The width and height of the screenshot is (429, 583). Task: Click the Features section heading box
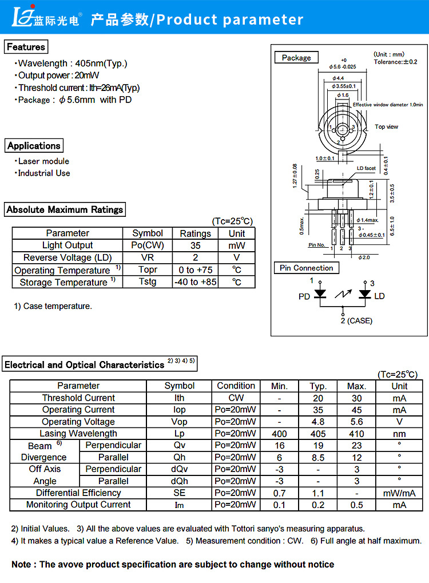pyautogui.click(x=26, y=47)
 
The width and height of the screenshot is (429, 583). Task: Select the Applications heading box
pyautogui.click(x=34, y=146)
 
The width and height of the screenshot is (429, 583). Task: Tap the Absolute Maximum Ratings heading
pyautogui.click(x=65, y=209)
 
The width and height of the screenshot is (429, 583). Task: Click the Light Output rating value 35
pyautogui.click(x=195, y=245)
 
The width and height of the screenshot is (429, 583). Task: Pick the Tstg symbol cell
pyautogui.click(x=148, y=282)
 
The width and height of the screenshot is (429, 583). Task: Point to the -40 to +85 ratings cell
pyautogui.click(x=195, y=282)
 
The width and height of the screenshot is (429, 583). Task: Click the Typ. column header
pyautogui.click(x=318, y=386)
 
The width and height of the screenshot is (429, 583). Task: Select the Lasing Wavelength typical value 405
pyautogui.click(x=318, y=434)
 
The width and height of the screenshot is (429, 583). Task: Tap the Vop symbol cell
pyautogui.click(x=180, y=422)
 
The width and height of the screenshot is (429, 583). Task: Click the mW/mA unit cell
pyautogui.click(x=399, y=493)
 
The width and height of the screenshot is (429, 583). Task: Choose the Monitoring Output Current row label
pyautogui.click(x=78, y=505)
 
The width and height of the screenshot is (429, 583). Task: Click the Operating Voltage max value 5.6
pyautogui.click(x=356, y=422)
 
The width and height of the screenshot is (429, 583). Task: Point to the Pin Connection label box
pyautogui.click(x=306, y=268)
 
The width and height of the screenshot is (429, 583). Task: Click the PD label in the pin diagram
pyautogui.click(x=304, y=296)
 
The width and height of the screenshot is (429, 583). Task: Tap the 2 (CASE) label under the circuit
pyautogui.click(x=356, y=321)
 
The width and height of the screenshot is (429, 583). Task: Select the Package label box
pyautogui.click(x=296, y=58)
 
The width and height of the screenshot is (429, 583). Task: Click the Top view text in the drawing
pyautogui.click(x=387, y=126)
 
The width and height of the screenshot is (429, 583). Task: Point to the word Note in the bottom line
pyautogui.click(x=22, y=564)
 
